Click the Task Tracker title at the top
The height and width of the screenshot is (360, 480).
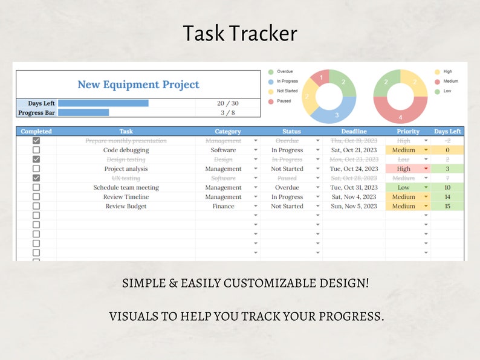240,33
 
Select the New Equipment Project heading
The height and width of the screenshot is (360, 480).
138,85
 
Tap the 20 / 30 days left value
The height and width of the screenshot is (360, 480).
228,103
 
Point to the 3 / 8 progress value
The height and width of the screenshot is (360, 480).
228,112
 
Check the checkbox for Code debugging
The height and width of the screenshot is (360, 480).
36,150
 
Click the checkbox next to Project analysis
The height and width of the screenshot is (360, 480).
36,169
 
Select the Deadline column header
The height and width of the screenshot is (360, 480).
354,131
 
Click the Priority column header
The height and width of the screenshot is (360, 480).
408,131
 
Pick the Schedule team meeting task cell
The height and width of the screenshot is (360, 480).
126,188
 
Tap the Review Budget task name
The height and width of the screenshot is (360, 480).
126,207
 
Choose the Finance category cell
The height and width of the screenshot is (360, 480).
223,207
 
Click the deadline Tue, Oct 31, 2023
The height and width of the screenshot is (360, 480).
354,188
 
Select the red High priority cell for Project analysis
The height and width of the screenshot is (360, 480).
404,169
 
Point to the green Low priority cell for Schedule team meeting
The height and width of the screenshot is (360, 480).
404,188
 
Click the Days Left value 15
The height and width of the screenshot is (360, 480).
447,207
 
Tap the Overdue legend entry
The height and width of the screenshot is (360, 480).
284,71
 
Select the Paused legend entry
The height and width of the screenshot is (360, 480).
284,101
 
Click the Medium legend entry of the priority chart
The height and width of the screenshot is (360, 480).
450,81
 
